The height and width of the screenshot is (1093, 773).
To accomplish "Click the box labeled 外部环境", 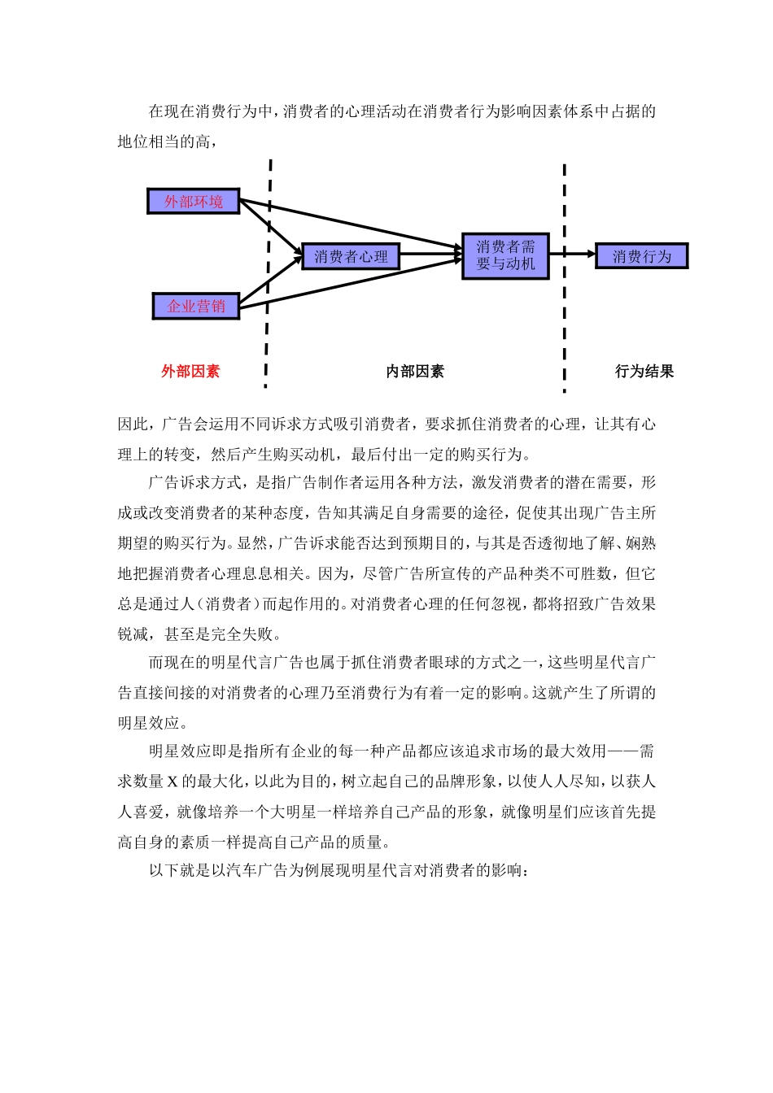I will point(193,201).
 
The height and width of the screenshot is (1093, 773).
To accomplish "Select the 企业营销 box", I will point(195,307).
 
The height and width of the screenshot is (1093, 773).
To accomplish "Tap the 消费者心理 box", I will point(351,257).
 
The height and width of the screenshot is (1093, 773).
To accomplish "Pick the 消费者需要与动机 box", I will point(505,256).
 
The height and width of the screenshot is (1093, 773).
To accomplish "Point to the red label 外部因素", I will point(190,372).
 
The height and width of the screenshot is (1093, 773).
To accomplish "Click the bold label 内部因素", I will point(415,372).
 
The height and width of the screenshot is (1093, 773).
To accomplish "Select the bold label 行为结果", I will point(644,372).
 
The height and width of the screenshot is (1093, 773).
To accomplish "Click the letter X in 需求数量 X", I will point(173,782).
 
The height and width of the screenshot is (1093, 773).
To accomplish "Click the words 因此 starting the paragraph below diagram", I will point(133,425).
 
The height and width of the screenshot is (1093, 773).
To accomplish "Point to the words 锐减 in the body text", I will point(133,634).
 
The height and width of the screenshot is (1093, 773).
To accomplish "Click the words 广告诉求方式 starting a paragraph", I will point(195,483).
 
